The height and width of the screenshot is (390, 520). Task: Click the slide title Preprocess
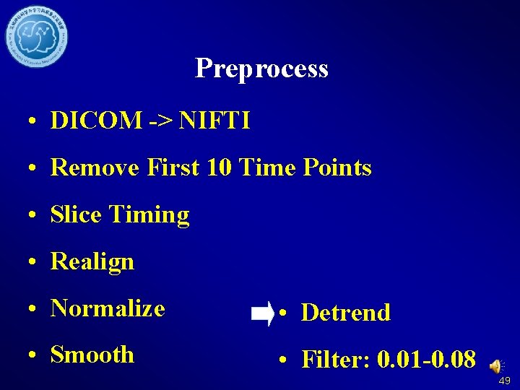(x=261, y=69)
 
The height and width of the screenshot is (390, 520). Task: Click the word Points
(x=336, y=168)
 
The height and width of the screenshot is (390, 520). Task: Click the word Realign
(x=92, y=261)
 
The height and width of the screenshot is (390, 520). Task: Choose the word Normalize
(x=108, y=308)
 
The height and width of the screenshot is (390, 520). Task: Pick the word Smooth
(x=92, y=355)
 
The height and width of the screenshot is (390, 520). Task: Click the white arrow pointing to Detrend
(x=261, y=313)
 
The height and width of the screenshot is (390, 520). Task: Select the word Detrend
(x=345, y=313)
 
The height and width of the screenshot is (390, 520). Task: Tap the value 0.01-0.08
(x=425, y=359)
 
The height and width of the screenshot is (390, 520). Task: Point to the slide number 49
(x=504, y=381)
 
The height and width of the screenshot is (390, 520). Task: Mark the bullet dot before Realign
(x=35, y=262)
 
